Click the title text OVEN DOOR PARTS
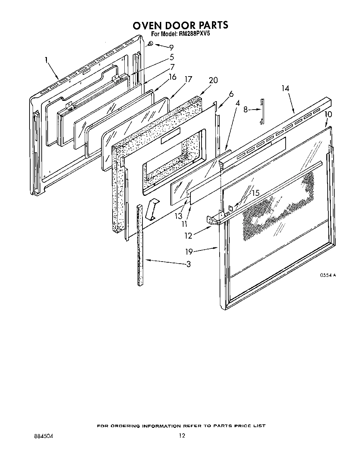coord(180,25)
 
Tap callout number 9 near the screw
coord(171,48)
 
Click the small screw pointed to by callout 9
coord(151,43)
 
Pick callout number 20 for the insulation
coord(213,80)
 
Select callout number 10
coord(328,114)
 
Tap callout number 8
coord(245,110)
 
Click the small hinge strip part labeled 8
coord(262,111)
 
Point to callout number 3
coord(188,264)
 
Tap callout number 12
coord(188,235)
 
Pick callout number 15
coord(255,192)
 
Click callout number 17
coord(188,80)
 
